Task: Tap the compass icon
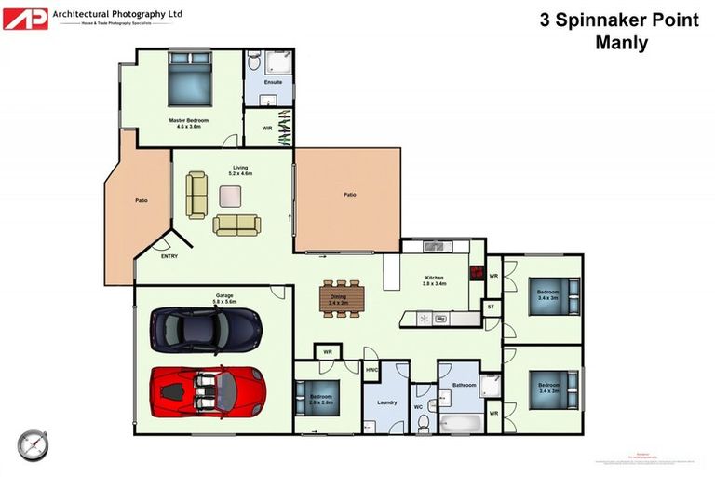click(x=31, y=443)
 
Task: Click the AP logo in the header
click(x=25, y=17)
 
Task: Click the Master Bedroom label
click(x=189, y=122)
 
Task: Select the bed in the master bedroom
click(x=190, y=78)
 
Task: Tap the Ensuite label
click(x=273, y=83)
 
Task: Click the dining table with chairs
click(x=339, y=297)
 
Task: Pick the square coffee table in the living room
click(x=229, y=195)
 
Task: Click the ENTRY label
click(x=169, y=256)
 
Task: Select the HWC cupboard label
click(x=371, y=370)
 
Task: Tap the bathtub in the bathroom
click(x=461, y=423)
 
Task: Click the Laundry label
click(x=387, y=402)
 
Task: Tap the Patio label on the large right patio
click(x=350, y=195)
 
